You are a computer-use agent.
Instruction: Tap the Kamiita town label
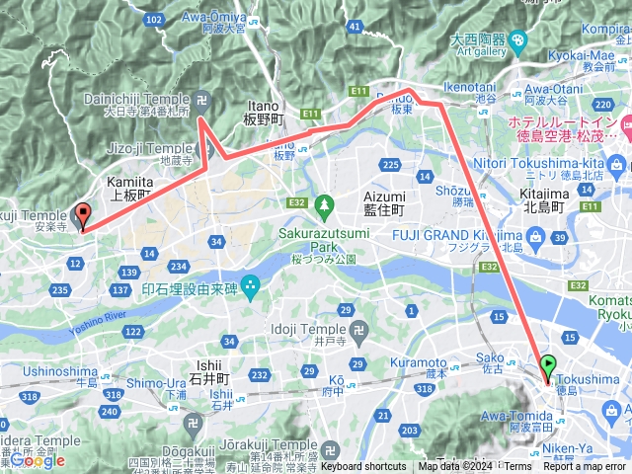tap(129, 189)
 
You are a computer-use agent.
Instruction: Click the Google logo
tap(37, 460)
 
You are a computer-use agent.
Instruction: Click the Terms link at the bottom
tap(517, 467)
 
